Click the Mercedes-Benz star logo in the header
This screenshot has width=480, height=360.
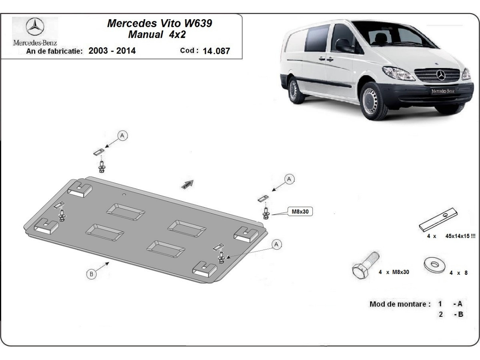tap(35, 28)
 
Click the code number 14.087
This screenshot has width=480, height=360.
tap(216, 51)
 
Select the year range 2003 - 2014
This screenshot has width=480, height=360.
tap(112, 51)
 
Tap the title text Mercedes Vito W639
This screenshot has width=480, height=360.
tap(160, 23)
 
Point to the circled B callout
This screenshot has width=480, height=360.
tap(91, 274)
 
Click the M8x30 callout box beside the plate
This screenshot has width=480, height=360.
tap(300, 212)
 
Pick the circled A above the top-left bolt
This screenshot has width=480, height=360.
tap(123, 136)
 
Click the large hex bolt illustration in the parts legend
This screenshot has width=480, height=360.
tap(364, 267)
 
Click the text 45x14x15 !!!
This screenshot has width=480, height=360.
tap(460, 236)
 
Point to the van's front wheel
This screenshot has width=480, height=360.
tap(374, 101)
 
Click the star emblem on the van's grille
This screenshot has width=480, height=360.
tap(441, 74)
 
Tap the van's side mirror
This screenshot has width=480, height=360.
tap(343, 45)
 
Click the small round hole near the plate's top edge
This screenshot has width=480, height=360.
tap(125, 195)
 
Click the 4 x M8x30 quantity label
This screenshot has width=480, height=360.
tap(394, 272)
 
